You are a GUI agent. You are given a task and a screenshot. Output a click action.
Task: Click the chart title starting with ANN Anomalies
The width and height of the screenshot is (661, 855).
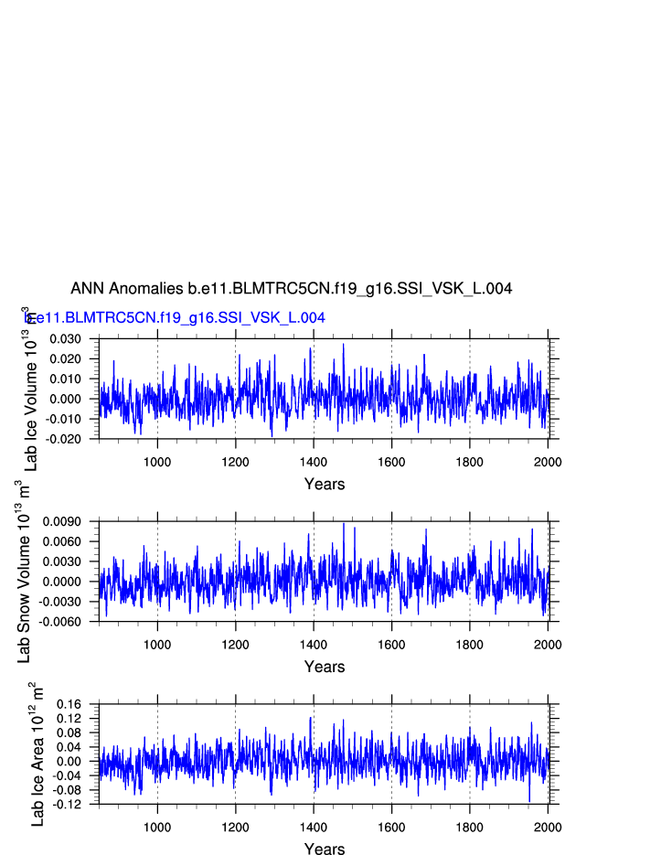click(x=291, y=289)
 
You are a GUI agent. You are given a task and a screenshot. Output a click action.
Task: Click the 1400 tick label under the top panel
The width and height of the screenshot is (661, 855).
click(x=314, y=460)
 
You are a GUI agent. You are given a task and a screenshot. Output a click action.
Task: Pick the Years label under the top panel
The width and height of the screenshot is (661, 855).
click(x=325, y=484)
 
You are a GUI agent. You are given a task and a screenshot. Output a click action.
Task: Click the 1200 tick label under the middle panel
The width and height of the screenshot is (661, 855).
click(x=235, y=643)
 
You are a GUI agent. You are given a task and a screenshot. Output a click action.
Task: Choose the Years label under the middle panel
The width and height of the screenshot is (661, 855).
click(x=325, y=667)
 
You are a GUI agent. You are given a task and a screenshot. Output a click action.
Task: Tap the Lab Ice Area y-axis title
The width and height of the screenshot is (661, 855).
click(x=37, y=755)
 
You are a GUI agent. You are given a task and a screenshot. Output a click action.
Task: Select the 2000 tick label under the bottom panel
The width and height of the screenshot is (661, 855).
click(x=548, y=826)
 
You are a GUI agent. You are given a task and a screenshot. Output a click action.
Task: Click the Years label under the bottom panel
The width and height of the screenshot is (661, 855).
click(x=325, y=850)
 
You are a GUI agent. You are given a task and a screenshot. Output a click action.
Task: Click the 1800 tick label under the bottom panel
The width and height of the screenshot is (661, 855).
click(x=470, y=826)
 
